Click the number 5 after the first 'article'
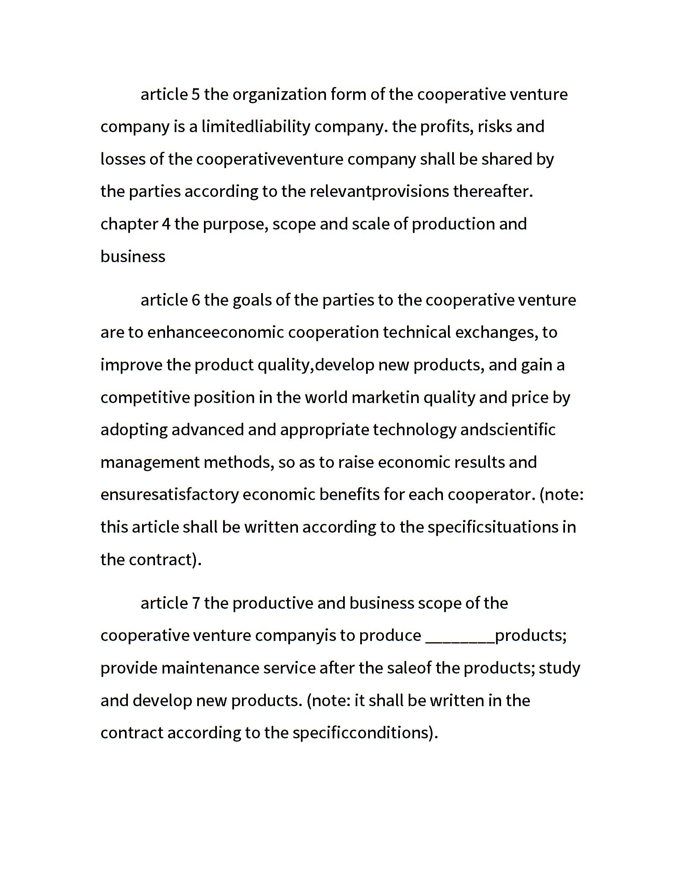click(196, 94)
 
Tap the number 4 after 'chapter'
click(166, 224)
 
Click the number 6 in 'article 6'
click(196, 300)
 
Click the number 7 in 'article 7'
click(196, 603)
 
